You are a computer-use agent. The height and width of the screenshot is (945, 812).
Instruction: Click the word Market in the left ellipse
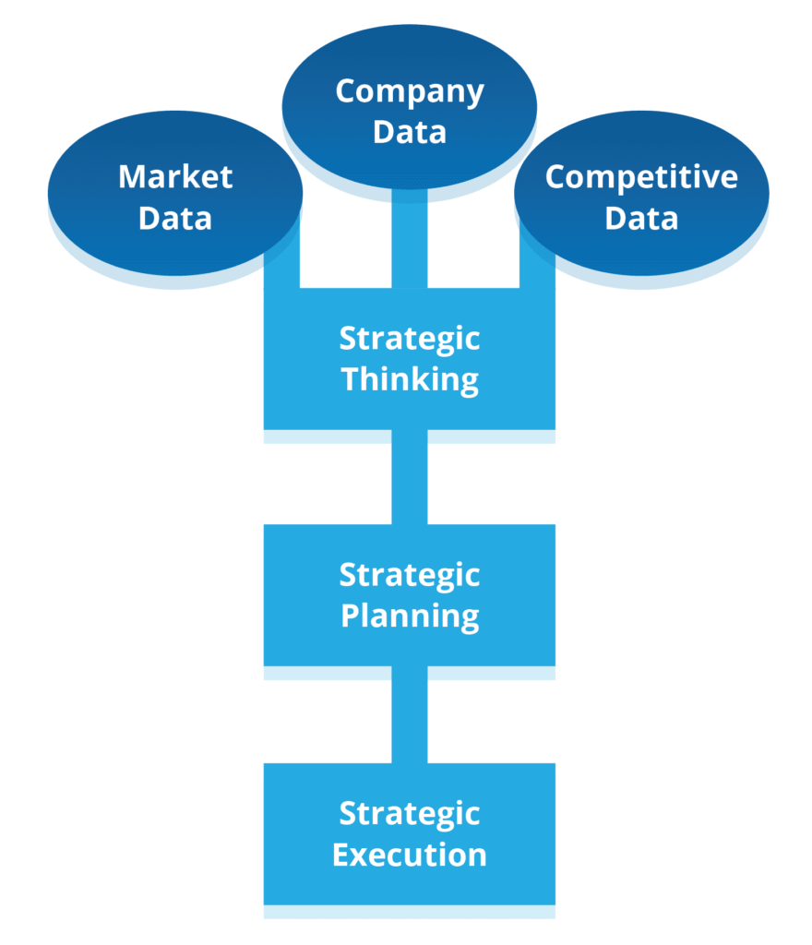click(x=175, y=176)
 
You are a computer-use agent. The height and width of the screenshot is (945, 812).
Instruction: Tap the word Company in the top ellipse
click(x=409, y=91)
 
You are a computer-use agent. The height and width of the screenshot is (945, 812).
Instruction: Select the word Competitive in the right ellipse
click(x=641, y=176)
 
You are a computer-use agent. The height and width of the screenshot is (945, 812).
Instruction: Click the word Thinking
click(x=410, y=379)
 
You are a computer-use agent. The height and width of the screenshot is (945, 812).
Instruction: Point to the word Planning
click(x=410, y=616)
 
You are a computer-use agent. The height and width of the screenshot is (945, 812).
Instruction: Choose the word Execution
click(x=410, y=855)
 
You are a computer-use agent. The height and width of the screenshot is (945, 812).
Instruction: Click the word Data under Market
click(x=175, y=219)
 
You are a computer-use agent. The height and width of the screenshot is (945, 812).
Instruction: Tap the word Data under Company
click(x=409, y=131)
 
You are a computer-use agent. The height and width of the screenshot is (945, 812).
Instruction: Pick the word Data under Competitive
click(x=641, y=219)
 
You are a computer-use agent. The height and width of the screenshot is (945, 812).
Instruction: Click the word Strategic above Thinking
click(x=410, y=339)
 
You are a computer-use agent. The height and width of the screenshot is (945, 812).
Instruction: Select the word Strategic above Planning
click(x=410, y=575)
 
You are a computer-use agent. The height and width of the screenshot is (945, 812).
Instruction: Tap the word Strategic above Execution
click(x=410, y=814)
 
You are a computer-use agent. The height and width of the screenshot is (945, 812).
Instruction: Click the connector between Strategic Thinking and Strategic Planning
click(x=410, y=480)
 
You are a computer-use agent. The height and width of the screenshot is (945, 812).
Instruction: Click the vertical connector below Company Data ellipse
click(x=410, y=240)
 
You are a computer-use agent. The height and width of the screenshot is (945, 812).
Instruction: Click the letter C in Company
click(x=346, y=91)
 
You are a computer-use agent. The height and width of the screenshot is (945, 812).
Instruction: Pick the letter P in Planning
click(x=350, y=616)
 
